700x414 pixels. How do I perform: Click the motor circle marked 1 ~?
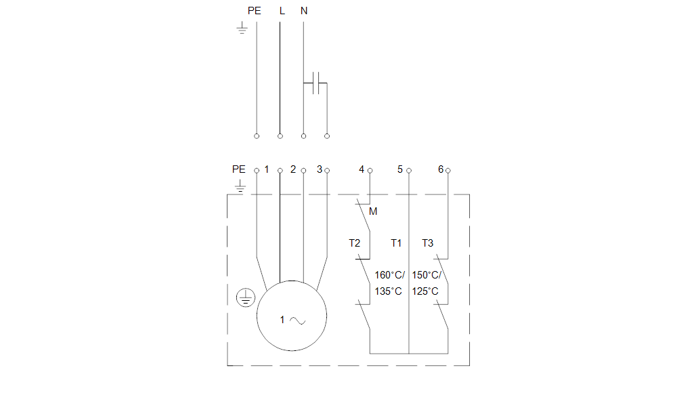tap(292, 316)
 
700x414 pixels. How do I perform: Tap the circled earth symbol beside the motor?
tap(245, 297)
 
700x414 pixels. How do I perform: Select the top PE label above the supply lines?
tap(254, 11)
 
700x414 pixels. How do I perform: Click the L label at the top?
tap(282, 11)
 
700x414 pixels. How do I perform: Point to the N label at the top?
tap(304, 11)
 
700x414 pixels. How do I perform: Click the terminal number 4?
tap(362, 169)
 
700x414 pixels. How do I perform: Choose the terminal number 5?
tap(400, 169)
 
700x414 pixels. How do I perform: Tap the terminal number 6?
tap(440, 169)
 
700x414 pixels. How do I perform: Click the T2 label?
tap(355, 243)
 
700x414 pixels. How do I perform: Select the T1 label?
tap(396, 243)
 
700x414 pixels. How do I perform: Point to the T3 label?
tap(427, 243)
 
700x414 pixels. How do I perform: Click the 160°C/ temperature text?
tap(389, 275)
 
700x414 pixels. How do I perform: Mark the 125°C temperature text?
tap(425, 291)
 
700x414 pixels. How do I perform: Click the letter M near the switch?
tap(373, 211)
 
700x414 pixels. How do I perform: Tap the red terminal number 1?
tap(267, 169)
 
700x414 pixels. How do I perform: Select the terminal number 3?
tap(320, 169)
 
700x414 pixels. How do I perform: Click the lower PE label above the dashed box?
tap(239, 169)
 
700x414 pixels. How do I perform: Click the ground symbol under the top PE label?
tap(241, 28)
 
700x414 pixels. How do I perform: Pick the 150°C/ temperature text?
tap(426, 275)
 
